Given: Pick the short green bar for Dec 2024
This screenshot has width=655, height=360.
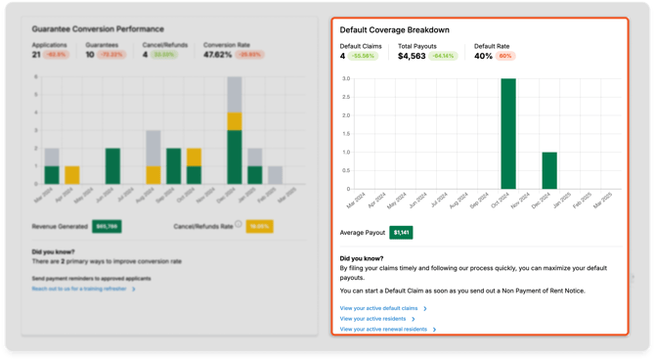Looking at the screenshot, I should [549, 170].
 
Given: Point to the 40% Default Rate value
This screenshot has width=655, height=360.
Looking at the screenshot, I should [483, 57].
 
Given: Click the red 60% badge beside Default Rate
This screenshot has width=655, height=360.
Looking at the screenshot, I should [506, 57].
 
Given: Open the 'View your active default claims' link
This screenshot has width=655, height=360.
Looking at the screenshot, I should [379, 308].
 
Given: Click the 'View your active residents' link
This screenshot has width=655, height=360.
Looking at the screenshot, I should [375, 319].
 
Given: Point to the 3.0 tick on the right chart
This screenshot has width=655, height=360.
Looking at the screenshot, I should [346, 79].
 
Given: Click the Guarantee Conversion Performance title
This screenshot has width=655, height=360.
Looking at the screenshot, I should [98, 29].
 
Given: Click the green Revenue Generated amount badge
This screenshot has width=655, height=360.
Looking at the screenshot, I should [107, 226].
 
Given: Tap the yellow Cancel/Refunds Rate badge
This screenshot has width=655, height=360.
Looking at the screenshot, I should [259, 226].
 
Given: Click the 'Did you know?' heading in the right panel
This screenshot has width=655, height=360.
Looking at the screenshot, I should [362, 256].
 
